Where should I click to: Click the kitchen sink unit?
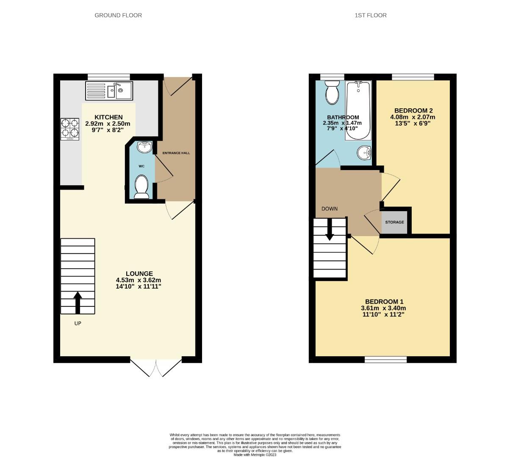coord(109,91)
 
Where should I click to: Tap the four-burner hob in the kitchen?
coord(70,129)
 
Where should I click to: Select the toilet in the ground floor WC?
coord(141,187)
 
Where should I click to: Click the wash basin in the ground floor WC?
coord(144,147)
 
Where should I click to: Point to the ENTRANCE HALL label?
coord(176,153)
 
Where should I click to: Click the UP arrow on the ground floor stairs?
coord(78,303)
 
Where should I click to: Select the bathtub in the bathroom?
coord(358,110)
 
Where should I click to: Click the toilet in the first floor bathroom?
coord(332,92)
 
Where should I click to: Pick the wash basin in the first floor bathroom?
coord(364,153)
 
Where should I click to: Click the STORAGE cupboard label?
coord(394,222)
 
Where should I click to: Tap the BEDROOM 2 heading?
coord(413,110)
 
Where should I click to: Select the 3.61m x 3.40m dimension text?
coord(383,308)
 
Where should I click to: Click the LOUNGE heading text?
coord(139,273)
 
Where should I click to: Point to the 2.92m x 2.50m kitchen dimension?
coord(108,124)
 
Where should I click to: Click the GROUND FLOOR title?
coord(118,15)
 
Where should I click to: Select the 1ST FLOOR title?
coord(371,15)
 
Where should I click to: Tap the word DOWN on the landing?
coord(330,209)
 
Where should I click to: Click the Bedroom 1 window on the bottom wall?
coord(385,360)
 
